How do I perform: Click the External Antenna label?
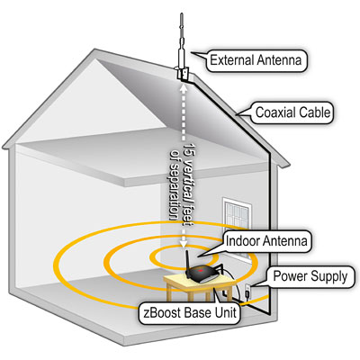coord(256,60)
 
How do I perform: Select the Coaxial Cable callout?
coord(292,112)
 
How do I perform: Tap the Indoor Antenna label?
coord(266,241)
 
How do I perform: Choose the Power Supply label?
coord(310,276)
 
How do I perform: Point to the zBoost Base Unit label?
coord(190,313)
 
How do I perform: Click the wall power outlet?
coord(248,290)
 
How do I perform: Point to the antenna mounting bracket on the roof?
coord(183,74)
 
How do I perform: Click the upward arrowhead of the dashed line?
coord(184,86)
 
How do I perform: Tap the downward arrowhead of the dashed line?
coord(184,243)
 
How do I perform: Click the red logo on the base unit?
coord(202,270)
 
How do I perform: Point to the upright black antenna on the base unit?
coord(188,264)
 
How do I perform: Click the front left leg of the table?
coord(171,292)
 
